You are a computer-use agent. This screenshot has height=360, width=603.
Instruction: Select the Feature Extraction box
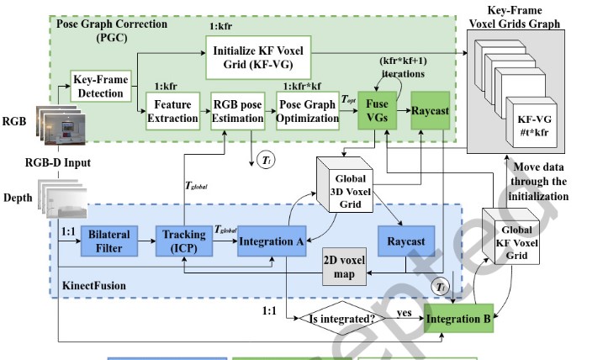point(172,111)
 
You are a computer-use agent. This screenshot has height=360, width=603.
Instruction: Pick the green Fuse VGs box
point(377,111)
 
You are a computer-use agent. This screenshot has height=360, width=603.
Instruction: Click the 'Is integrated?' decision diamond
point(341,320)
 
